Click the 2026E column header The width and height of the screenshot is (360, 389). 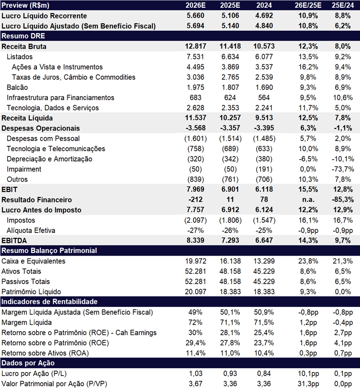[x=195, y=5]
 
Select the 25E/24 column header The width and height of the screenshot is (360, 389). [x=343, y=5]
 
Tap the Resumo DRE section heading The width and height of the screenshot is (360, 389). [x=23, y=36]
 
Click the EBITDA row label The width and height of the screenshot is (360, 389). [x=14, y=241]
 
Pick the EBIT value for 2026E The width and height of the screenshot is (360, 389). [x=195, y=189]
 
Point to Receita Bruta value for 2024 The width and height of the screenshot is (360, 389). [x=264, y=46]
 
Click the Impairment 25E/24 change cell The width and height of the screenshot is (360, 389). [x=343, y=169]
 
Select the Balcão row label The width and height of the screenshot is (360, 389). [x=17, y=87]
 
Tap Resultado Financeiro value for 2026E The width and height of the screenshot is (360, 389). [x=195, y=200]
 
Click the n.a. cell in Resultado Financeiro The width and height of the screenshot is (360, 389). [x=308, y=200]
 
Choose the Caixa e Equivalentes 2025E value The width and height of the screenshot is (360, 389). [x=230, y=261]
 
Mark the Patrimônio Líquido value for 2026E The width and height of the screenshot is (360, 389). [x=195, y=292]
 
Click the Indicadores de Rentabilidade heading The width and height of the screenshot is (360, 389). [x=50, y=302]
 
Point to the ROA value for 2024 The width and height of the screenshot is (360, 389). [x=264, y=353]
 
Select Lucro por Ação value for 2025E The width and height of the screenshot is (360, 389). [x=230, y=374]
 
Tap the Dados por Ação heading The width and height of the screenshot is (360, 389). [x=28, y=363]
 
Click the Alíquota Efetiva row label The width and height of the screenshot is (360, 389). [x=31, y=230]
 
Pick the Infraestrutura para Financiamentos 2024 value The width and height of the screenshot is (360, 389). [x=264, y=98]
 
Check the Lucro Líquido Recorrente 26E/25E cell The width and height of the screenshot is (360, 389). [x=308, y=15]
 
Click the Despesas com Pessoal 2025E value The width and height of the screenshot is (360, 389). [x=230, y=139]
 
